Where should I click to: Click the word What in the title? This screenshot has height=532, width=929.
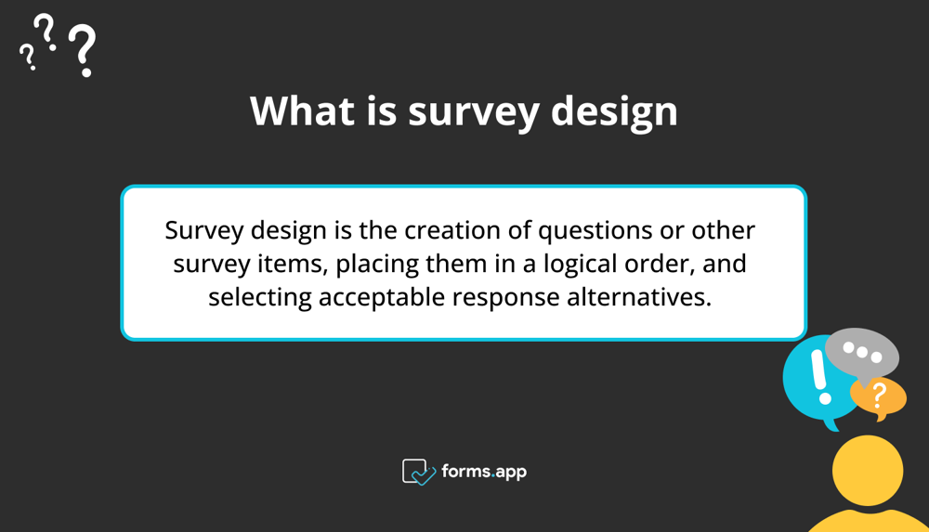pyautogui.click(x=303, y=111)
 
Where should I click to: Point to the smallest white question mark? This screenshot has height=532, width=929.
pyautogui.click(x=28, y=58)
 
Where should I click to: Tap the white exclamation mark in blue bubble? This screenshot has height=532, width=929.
pyautogui.click(x=818, y=377)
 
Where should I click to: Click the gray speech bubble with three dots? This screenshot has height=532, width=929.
pyautogui.click(x=861, y=354)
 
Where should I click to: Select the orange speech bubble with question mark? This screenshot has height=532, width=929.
pyautogui.click(x=878, y=397)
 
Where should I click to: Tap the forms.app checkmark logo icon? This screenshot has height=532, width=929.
pyautogui.click(x=419, y=472)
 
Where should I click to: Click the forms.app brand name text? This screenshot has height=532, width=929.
pyautogui.click(x=484, y=472)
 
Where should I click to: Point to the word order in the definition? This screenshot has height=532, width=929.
pyautogui.click(x=666, y=264)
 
